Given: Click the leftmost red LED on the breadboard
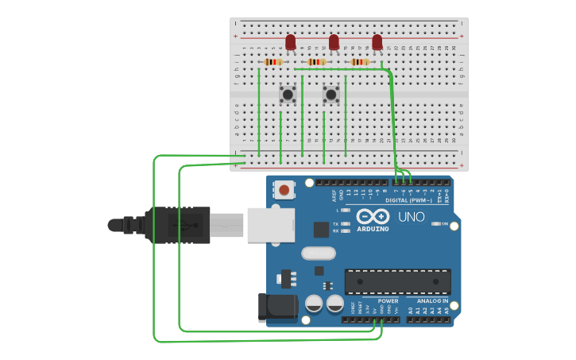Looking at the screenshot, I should coord(291,41).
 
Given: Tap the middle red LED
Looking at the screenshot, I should coord(334,41).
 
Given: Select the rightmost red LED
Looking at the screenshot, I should coord(377,41).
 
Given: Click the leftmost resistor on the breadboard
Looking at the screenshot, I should coord(273,62).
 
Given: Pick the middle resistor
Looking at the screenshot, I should coord(316,62).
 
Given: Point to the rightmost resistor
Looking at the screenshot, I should coord(360,62).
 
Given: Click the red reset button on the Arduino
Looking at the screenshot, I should coord(284,190).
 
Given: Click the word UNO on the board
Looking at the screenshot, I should coord(411,216).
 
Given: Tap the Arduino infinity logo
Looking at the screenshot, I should coord(373,216).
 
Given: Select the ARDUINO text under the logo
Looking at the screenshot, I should coord(373,229).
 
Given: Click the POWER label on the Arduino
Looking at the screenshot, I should coord(388,301).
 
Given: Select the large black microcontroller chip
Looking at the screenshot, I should coord(397,281).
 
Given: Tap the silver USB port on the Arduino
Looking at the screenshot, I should coord(270,225).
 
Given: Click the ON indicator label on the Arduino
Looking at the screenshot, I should coord(444,224).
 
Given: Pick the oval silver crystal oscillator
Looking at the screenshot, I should coord(319,254).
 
